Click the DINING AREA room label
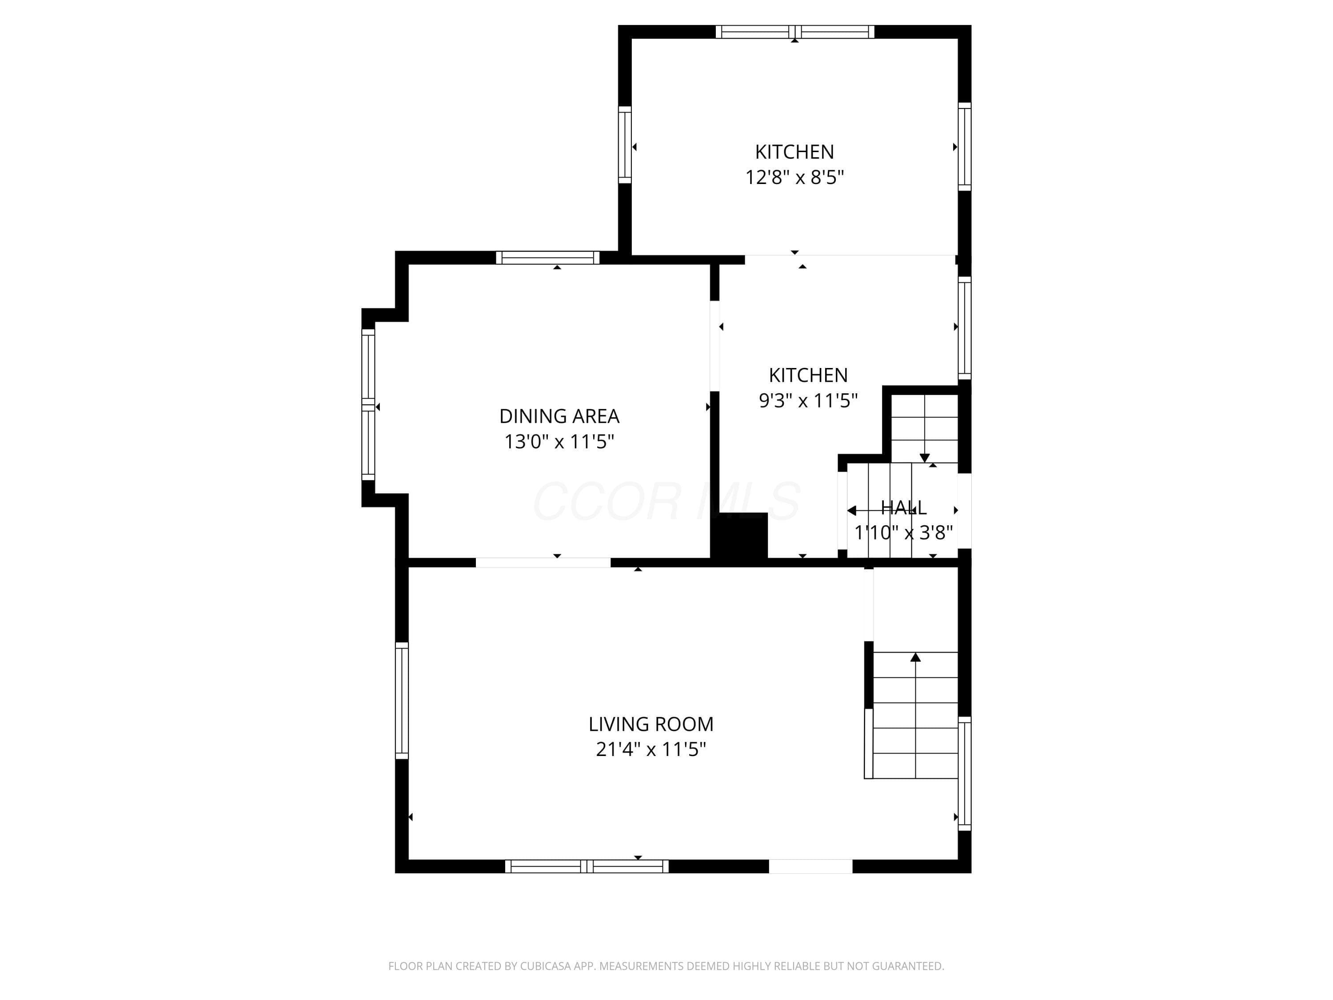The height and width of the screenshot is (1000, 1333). pyautogui.click(x=559, y=416)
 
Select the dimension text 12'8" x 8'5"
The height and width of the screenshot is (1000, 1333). pyautogui.click(x=794, y=177)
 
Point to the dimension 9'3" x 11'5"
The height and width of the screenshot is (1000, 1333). pyautogui.click(x=808, y=400)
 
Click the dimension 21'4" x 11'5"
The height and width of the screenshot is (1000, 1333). pyautogui.click(x=651, y=749)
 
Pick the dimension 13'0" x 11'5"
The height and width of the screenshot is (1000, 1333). pyautogui.click(x=559, y=442)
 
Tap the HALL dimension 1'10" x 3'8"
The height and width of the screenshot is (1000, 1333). pyautogui.click(x=903, y=532)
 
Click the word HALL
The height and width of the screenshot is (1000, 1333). pyautogui.click(x=903, y=508)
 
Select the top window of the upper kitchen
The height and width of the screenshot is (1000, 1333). pyautogui.click(x=795, y=32)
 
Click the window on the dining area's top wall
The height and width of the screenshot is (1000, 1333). pyautogui.click(x=548, y=258)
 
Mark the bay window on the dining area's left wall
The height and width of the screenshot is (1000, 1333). pyautogui.click(x=368, y=404)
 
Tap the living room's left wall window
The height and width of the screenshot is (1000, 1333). pyautogui.click(x=402, y=700)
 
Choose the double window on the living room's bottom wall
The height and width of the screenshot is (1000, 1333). pyautogui.click(x=587, y=866)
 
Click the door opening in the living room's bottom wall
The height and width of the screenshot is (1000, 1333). pyautogui.click(x=810, y=866)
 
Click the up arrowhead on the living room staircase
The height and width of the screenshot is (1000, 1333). pyautogui.click(x=915, y=657)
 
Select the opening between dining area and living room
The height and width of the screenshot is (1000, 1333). pyautogui.click(x=543, y=562)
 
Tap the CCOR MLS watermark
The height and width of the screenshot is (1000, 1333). pyautogui.click(x=666, y=501)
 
